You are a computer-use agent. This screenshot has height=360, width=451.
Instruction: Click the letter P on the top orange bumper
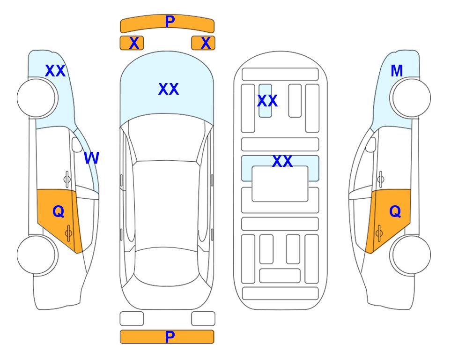(x=170, y=21)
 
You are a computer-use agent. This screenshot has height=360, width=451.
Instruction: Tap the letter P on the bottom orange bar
(x=170, y=337)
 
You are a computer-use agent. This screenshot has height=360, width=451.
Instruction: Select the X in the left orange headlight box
(x=134, y=43)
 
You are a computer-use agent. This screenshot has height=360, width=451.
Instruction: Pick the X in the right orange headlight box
(x=206, y=43)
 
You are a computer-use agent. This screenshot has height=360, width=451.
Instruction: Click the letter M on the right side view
(x=397, y=71)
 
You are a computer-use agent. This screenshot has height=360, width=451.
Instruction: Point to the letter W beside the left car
(x=92, y=158)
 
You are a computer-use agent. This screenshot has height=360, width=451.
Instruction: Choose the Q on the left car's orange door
(x=59, y=212)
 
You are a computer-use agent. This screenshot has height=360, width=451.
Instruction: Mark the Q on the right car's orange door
(x=395, y=212)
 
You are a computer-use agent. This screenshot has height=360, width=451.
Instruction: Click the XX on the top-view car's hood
(x=169, y=89)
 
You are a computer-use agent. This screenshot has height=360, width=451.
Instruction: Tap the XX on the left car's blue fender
(x=55, y=71)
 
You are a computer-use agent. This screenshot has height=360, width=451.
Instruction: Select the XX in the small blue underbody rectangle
(x=267, y=101)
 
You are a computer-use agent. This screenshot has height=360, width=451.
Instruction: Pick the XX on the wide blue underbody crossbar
(x=282, y=161)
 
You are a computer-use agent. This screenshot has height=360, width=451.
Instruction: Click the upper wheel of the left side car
(x=37, y=98)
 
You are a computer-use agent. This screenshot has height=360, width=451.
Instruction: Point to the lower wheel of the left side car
(x=37, y=255)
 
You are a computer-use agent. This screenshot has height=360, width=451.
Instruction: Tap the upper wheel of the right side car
(x=410, y=98)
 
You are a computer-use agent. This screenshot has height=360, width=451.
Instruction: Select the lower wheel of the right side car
(x=410, y=255)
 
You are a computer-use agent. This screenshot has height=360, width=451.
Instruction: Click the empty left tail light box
(x=132, y=319)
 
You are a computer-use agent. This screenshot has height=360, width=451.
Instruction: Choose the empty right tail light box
(x=203, y=319)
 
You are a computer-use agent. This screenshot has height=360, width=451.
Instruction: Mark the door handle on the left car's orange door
(x=68, y=233)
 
